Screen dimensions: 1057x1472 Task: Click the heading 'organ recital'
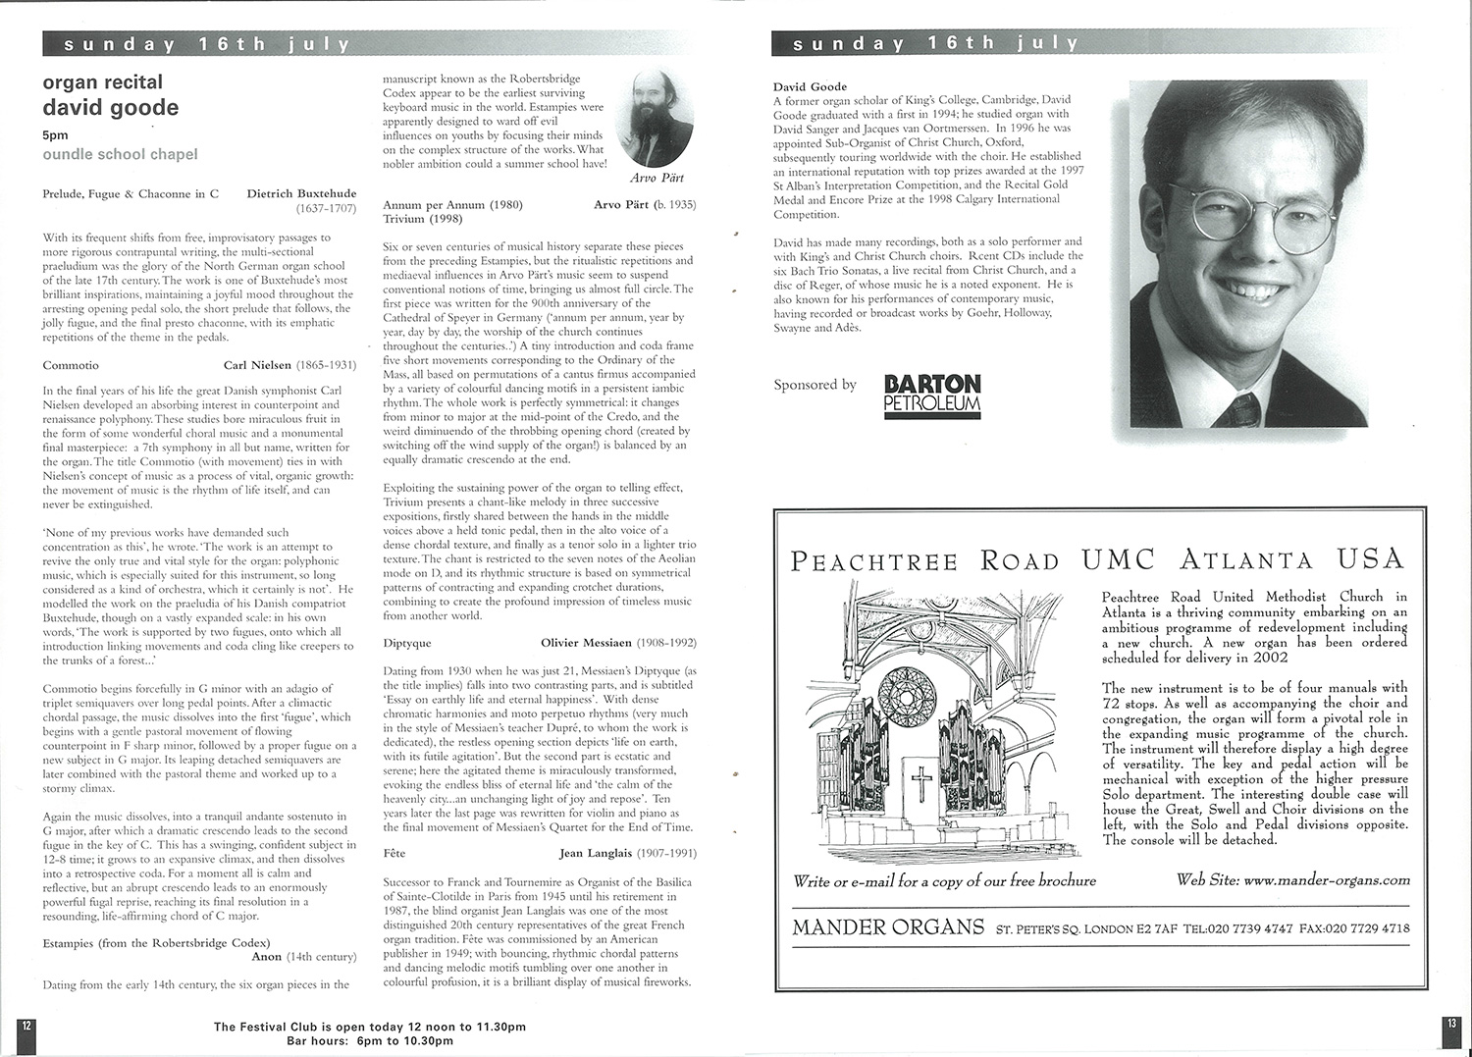click(102, 82)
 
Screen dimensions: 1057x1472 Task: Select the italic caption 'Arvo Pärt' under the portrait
click(657, 179)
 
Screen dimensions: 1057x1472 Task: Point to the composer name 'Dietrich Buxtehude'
click(301, 193)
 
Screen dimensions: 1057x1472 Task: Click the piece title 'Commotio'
click(71, 365)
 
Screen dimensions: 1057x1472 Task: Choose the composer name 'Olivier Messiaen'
click(585, 643)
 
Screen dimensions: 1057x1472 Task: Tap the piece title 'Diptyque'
click(407, 643)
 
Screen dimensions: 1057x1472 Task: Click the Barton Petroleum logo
click(931, 395)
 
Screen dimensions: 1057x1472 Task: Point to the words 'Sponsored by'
click(815, 385)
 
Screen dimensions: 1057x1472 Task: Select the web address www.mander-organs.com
click(1325, 880)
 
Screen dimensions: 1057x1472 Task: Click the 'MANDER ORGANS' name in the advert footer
click(887, 927)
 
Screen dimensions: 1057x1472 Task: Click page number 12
click(26, 1024)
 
